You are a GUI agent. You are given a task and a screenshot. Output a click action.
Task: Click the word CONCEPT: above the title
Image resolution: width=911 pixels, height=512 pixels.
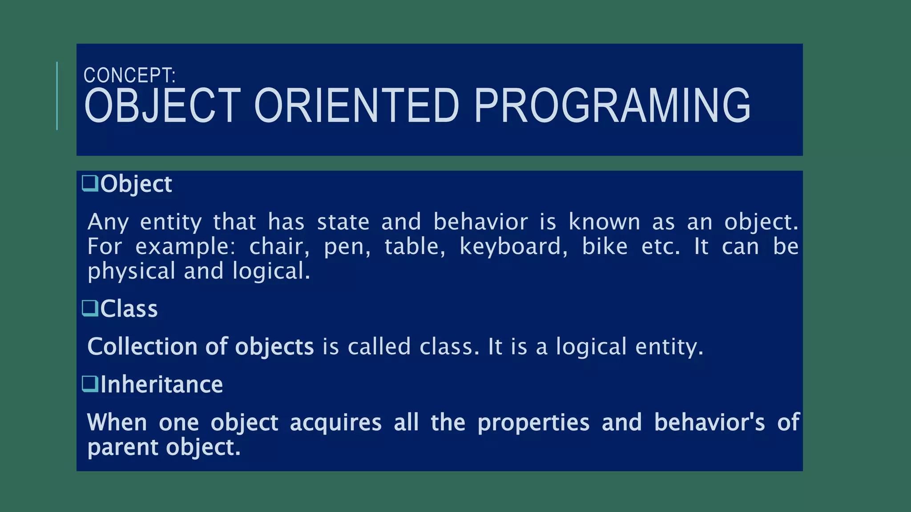pos(129,76)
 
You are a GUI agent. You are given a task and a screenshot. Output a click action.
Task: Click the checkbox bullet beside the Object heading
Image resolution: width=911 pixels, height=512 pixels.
pos(90,183)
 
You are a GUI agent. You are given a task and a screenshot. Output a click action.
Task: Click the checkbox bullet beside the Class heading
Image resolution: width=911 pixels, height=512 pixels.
pos(90,308)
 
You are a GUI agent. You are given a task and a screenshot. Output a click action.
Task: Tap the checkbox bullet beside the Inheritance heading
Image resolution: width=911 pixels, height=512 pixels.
pos(90,384)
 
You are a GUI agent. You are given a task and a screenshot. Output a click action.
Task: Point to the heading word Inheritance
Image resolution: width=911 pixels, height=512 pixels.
pos(161,384)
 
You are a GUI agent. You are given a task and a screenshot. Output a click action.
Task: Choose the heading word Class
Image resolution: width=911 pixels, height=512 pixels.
pos(129,308)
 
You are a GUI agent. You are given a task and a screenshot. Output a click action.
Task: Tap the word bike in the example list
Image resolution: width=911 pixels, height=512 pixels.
pos(605,246)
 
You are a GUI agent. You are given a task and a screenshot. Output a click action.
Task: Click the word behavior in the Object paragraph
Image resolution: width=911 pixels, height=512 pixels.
pos(480,222)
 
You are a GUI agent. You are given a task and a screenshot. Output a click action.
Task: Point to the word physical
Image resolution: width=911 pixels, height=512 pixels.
pos(131,271)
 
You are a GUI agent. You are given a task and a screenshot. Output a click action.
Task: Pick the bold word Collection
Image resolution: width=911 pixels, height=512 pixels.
pos(142,346)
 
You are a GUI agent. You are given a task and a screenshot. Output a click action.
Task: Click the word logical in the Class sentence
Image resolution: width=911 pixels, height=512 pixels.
pos(591,346)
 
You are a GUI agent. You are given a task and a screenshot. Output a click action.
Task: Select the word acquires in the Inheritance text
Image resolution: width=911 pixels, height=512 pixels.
pos(335,422)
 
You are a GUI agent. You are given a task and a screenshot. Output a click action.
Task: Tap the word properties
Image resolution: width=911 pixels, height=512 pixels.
pos(533,422)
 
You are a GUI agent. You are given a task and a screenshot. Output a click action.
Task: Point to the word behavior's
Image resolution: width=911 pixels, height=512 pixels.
pos(709,422)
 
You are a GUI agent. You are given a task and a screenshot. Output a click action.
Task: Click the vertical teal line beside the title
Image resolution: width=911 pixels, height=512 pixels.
pos(57,96)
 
